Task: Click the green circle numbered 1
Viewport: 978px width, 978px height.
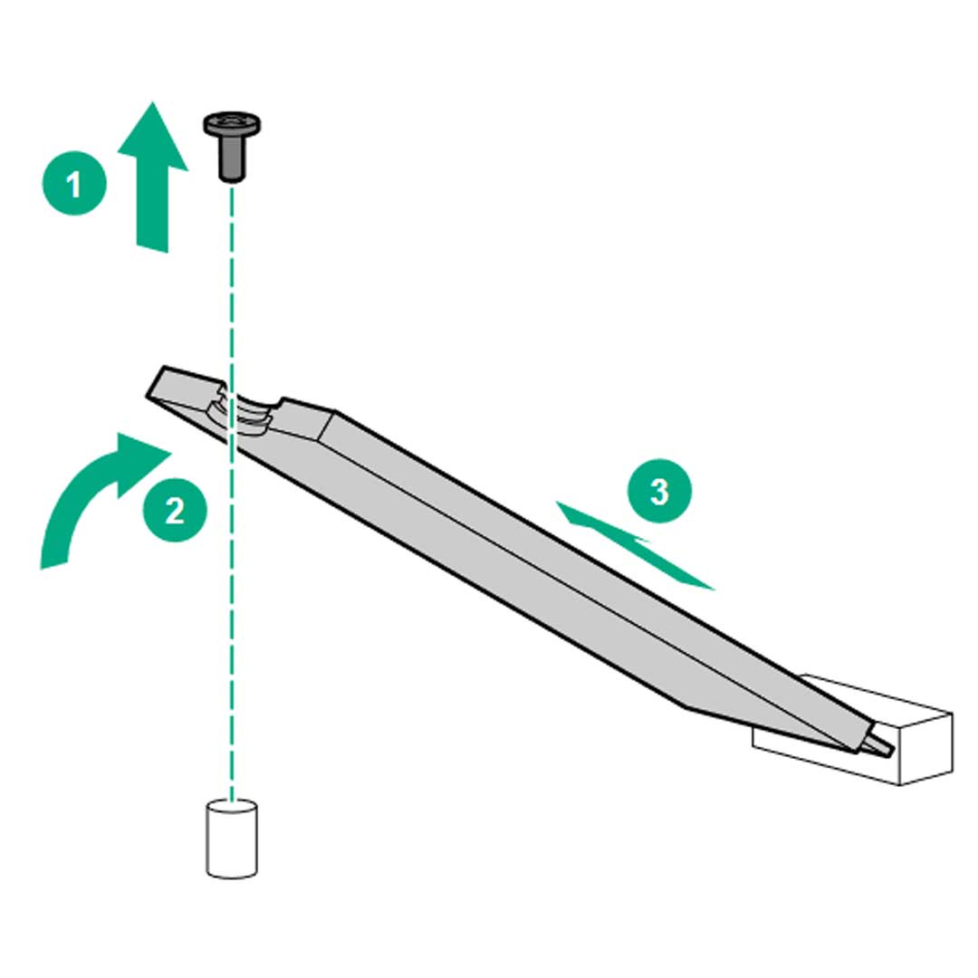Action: tap(74, 183)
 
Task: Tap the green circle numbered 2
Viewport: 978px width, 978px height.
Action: tap(175, 510)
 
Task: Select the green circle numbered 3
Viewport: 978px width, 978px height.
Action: tap(659, 491)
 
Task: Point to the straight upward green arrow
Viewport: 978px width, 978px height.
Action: tap(153, 177)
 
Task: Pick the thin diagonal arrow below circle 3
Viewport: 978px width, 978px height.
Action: tap(634, 544)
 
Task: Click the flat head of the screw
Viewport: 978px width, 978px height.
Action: tap(232, 124)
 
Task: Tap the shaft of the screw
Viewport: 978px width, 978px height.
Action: tap(232, 159)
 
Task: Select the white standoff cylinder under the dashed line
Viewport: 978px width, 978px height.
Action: tap(232, 839)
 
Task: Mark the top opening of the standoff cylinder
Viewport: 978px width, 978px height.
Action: tap(232, 807)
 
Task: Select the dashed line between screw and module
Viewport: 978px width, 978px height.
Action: tap(232, 287)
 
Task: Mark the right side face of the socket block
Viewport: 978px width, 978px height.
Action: tap(926, 749)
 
